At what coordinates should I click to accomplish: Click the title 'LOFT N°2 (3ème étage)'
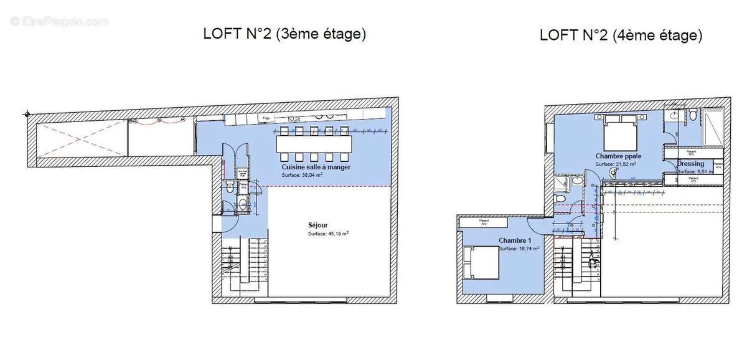click(x=284, y=34)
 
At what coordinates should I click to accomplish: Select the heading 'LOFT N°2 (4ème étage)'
click(x=621, y=36)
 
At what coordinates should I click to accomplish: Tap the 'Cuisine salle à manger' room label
click(x=316, y=168)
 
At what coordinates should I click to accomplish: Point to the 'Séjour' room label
click(x=317, y=225)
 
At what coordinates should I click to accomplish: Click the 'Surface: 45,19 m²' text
click(x=328, y=234)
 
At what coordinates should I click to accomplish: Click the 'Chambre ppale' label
click(x=618, y=156)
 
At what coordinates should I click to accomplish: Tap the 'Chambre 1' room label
click(x=514, y=240)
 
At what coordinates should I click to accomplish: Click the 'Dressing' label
click(x=691, y=164)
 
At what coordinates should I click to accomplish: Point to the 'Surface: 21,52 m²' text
click(x=616, y=164)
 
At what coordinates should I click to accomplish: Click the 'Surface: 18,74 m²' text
click(x=519, y=248)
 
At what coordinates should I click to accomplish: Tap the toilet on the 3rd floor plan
click(x=229, y=186)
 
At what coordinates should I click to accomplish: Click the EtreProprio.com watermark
click(x=59, y=21)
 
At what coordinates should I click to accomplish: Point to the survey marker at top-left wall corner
click(x=27, y=114)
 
